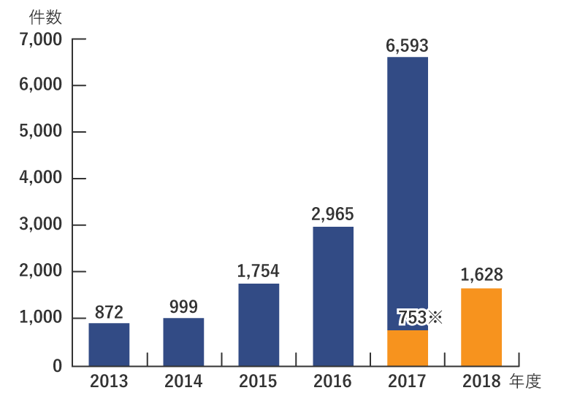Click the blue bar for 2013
pos(109,344)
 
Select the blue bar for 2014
pos(183,341)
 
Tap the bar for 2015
pos(259,324)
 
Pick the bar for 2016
pos(333,296)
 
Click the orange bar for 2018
pos(481,327)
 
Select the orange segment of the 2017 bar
pos(408,348)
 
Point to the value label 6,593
pos(407,46)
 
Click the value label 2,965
pos(332,214)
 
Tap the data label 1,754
pos(258,271)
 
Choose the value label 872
pos(109,312)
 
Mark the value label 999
pos(183,307)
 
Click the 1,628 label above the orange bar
pos(481,275)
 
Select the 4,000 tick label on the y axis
pos(42,179)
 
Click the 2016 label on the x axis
pos(332,381)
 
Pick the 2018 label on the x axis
pos(481,381)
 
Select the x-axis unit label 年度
pos(525,381)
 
